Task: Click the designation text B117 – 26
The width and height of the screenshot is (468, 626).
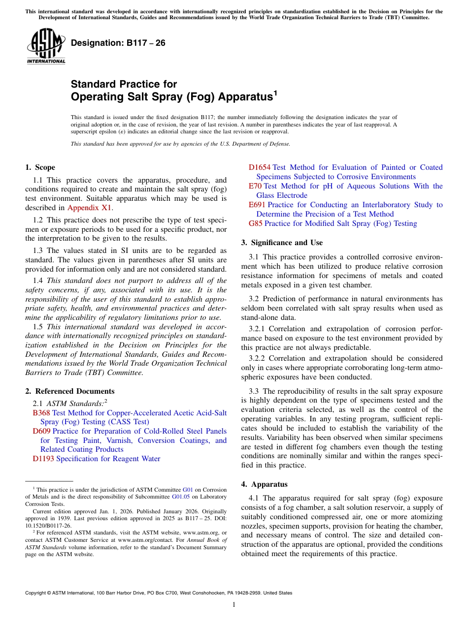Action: tap(118, 43)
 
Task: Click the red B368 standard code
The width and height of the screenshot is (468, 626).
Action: tap(41, 412)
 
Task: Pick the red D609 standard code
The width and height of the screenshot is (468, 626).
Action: tap(41, 431)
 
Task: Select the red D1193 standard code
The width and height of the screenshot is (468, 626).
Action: tap(43, 459)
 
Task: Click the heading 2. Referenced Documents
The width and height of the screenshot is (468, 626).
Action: tap(69, 391)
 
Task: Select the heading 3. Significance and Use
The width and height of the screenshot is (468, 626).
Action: tap(282, 243)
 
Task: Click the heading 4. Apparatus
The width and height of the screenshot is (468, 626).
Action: tap(264, 484)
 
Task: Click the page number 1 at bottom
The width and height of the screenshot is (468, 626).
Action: tap(234, 604)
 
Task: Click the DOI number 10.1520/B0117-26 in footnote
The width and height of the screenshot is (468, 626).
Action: tap(48, 526)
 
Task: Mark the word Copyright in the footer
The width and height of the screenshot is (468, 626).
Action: tap(37, 593)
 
